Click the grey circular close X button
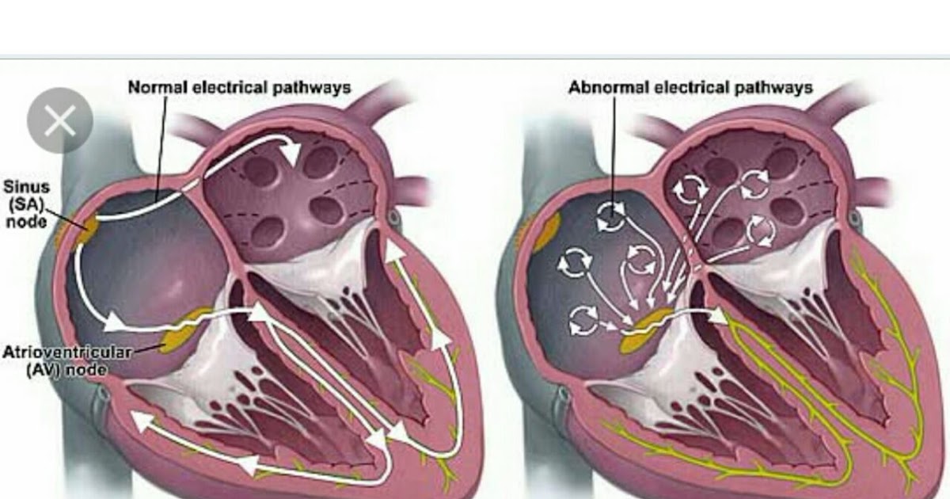[x=60, y=120]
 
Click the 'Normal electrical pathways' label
[x=239, y=87]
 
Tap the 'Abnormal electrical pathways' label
[x=690, y=87]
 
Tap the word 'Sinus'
[x=27, y=188]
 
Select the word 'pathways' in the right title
[x=775, y=87]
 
